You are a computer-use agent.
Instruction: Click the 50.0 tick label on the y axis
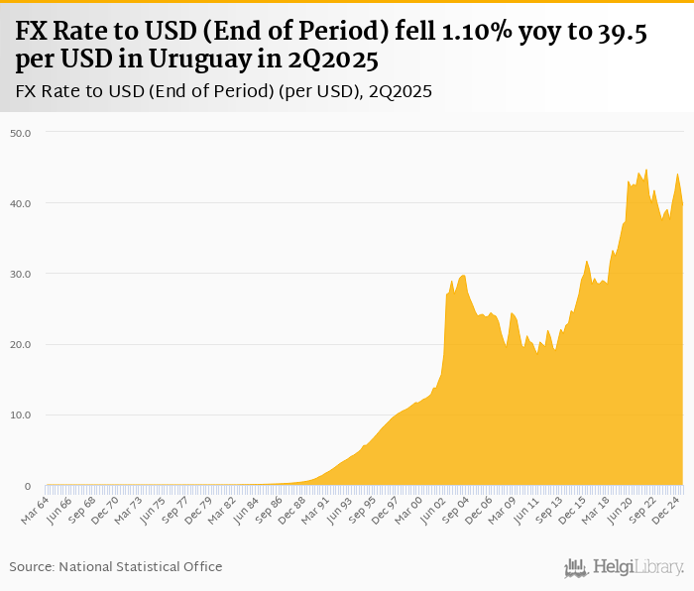coord(20,132)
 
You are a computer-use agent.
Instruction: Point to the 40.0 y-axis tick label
coord(20,203)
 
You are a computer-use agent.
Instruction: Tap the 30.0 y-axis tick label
coord(20,274)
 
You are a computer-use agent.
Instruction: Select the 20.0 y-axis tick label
coord(20,345)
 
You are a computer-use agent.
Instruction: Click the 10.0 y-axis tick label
coord(20,415)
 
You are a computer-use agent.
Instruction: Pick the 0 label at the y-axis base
coord(27,486)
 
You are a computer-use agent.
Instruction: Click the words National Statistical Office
coord(141,566)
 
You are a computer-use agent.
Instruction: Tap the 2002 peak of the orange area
coord(451,281)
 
